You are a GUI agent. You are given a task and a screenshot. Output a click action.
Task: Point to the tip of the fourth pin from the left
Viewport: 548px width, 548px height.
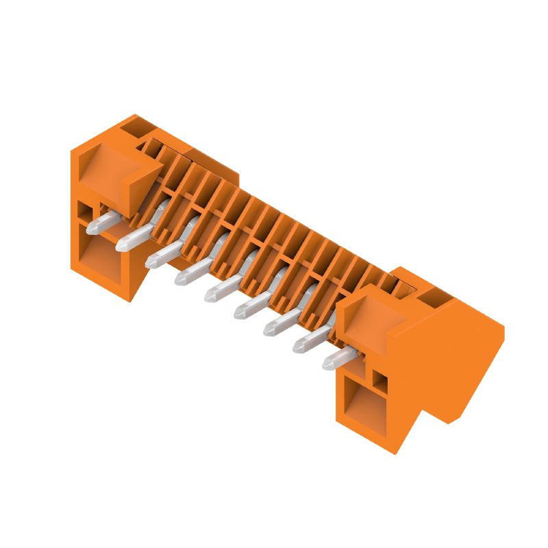(179, 279)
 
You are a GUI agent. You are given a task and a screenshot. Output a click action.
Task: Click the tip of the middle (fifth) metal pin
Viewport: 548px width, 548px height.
(209, 296)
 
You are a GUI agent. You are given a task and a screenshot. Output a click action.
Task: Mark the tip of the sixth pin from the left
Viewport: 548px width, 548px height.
(238, 313)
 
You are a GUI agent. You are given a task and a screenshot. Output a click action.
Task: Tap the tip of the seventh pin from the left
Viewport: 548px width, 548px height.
(268, 330)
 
